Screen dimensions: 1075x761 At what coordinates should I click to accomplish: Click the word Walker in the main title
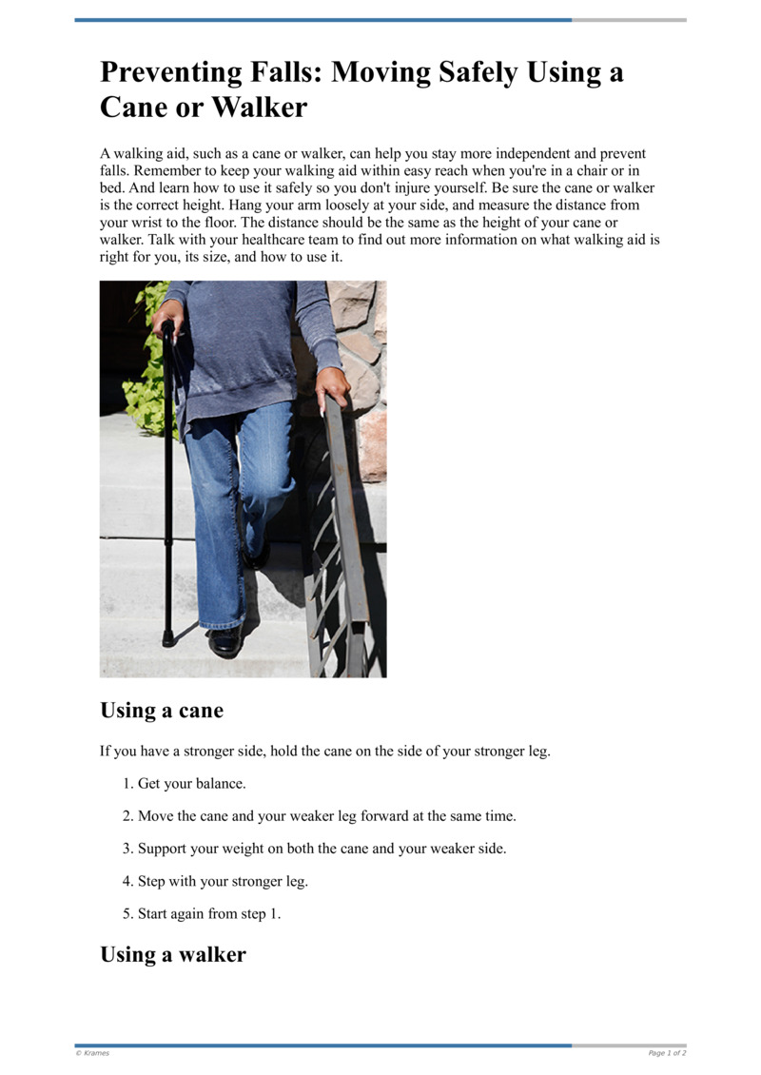click(260, 107)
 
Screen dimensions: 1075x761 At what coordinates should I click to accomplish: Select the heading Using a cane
click(162, 710)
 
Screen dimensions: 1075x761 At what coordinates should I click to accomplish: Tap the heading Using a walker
click(173, 954)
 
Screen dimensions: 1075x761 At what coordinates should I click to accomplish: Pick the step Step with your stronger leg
click(223, 881)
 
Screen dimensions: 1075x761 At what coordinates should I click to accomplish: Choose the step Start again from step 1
click(209, 913)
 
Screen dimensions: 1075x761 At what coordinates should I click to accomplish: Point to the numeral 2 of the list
click(127, 816)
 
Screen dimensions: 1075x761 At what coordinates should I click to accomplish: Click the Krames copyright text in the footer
click(92, 1053)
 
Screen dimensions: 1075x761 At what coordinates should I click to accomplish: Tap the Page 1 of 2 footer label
click(666, 1053)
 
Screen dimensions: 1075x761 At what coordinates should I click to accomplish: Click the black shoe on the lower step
click(224, 642)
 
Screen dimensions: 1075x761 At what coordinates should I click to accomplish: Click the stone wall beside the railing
click(364, 342)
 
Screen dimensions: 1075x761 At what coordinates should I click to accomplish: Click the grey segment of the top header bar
click(629, 20)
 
